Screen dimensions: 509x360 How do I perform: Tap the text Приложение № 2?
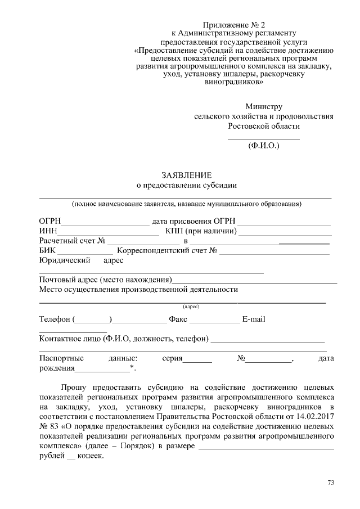(233, 25)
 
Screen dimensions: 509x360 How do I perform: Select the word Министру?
(264, 106)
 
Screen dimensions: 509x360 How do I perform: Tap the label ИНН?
(48, 231)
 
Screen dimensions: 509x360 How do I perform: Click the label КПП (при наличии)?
(201, 231)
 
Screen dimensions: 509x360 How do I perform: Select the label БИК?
(48, 251)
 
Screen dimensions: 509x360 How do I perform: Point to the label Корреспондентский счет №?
(167, 251)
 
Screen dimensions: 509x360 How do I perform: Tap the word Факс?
(178, 319)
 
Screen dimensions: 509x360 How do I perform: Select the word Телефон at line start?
(55, 319)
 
